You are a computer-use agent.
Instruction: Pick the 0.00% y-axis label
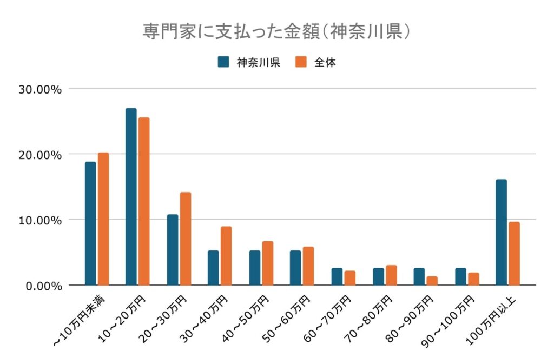(43, 286)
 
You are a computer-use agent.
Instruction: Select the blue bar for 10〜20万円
(131, 197)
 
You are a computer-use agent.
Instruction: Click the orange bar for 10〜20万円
(144, 201)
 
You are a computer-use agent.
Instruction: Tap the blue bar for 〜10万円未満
(90, 223)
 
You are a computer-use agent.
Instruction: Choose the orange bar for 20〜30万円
(186, 239)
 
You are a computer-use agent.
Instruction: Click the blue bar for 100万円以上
(501, 232)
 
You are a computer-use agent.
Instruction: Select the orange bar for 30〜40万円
(226, 256)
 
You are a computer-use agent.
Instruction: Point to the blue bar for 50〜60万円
(295, 268)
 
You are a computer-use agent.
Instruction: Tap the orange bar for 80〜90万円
(432, 281)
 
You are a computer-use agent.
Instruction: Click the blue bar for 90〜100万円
(460, 276)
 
